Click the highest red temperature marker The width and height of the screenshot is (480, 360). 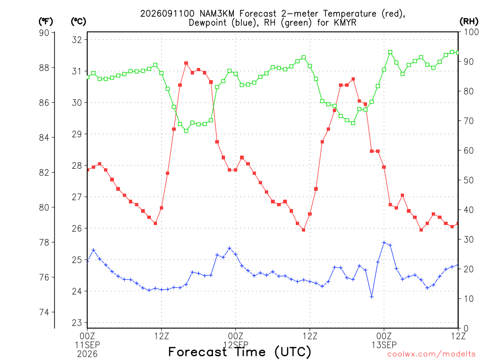(x=186, y=63)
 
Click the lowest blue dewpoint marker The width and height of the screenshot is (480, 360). (x=372, y=297)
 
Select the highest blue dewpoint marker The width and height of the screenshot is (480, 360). (x=384, y=242)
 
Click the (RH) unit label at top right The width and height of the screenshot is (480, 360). (x=469, y=21)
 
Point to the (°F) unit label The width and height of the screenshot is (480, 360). (x=45, y=22)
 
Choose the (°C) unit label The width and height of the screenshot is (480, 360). (x=78, y=22)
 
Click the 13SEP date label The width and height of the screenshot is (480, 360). (x=384, y=345)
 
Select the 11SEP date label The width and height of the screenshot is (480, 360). (x=87, y=345)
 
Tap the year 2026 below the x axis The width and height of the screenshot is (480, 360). (x=87, y=354)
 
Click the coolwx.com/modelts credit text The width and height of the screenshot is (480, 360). (x=431, y=354)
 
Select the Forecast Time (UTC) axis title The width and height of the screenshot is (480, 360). (x=240, y=352)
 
